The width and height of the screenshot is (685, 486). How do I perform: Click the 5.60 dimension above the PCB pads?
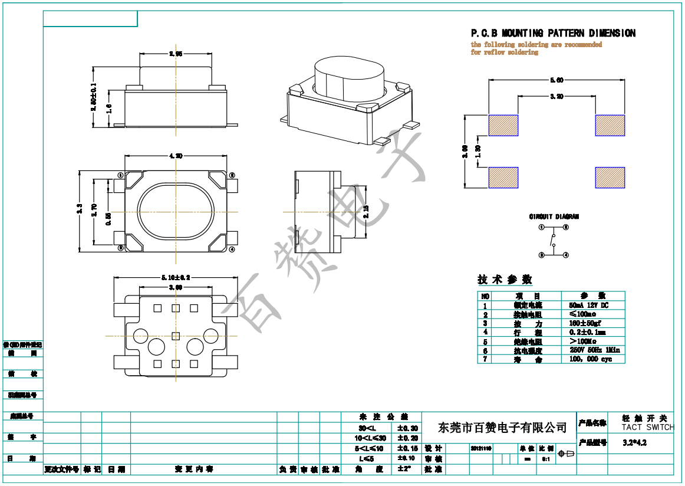[556, 80]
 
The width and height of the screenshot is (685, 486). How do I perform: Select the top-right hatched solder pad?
[610, 125]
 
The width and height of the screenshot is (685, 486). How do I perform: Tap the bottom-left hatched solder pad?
[503, 178]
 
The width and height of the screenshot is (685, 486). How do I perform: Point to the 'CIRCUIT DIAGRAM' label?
[554, 216]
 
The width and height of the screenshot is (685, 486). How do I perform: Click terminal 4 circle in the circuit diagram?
[566, 255]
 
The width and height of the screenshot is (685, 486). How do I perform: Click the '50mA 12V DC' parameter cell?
[588, 306]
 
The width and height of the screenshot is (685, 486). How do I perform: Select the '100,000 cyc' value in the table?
[591, 359]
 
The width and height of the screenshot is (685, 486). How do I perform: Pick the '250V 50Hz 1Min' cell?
[594, 350]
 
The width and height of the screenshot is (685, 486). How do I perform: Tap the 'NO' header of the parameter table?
[485, 296]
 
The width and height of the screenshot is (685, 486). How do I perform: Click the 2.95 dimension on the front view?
[175, 54]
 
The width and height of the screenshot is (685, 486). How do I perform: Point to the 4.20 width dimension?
[175, 156]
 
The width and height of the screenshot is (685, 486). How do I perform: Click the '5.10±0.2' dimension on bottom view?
[175, 277]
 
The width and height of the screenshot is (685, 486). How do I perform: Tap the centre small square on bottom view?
[175, 336]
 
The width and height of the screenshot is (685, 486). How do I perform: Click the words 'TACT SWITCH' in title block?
[647, 427]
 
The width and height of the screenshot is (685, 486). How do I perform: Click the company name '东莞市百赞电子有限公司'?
[503, 427]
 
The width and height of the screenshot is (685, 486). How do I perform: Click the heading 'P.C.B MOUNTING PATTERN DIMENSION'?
[552, 34]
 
